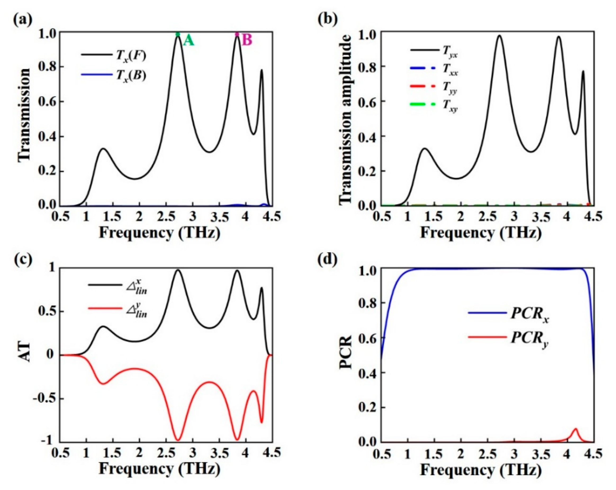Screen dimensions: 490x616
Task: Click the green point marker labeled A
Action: pos(178,34)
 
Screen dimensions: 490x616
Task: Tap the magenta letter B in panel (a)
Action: pos(247,40)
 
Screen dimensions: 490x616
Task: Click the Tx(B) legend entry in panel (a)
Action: pos(114,75)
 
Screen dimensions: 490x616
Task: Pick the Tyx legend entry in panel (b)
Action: pos(434,51)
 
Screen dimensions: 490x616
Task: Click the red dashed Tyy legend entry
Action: pos(434,87)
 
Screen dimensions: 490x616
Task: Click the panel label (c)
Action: pos(23,260)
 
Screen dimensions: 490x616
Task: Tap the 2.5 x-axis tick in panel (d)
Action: pos(487,455)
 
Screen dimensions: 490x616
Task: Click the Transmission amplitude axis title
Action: pos(345,119)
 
